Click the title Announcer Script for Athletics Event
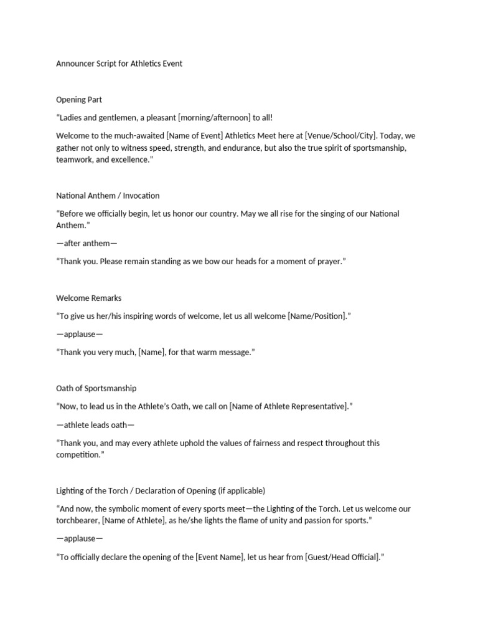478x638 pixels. tap(119, 64)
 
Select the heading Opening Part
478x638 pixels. tap(79, 99)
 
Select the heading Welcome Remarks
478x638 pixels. tap(89, 298)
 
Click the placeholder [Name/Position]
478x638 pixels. tap(317, 316)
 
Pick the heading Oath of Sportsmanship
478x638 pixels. tap(96, 388)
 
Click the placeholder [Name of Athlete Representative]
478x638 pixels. tap(288, 406)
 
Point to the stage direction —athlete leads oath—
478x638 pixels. tap(95, 425)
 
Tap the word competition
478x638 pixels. tap(78, 455)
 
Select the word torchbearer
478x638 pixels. tap(78, 521)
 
